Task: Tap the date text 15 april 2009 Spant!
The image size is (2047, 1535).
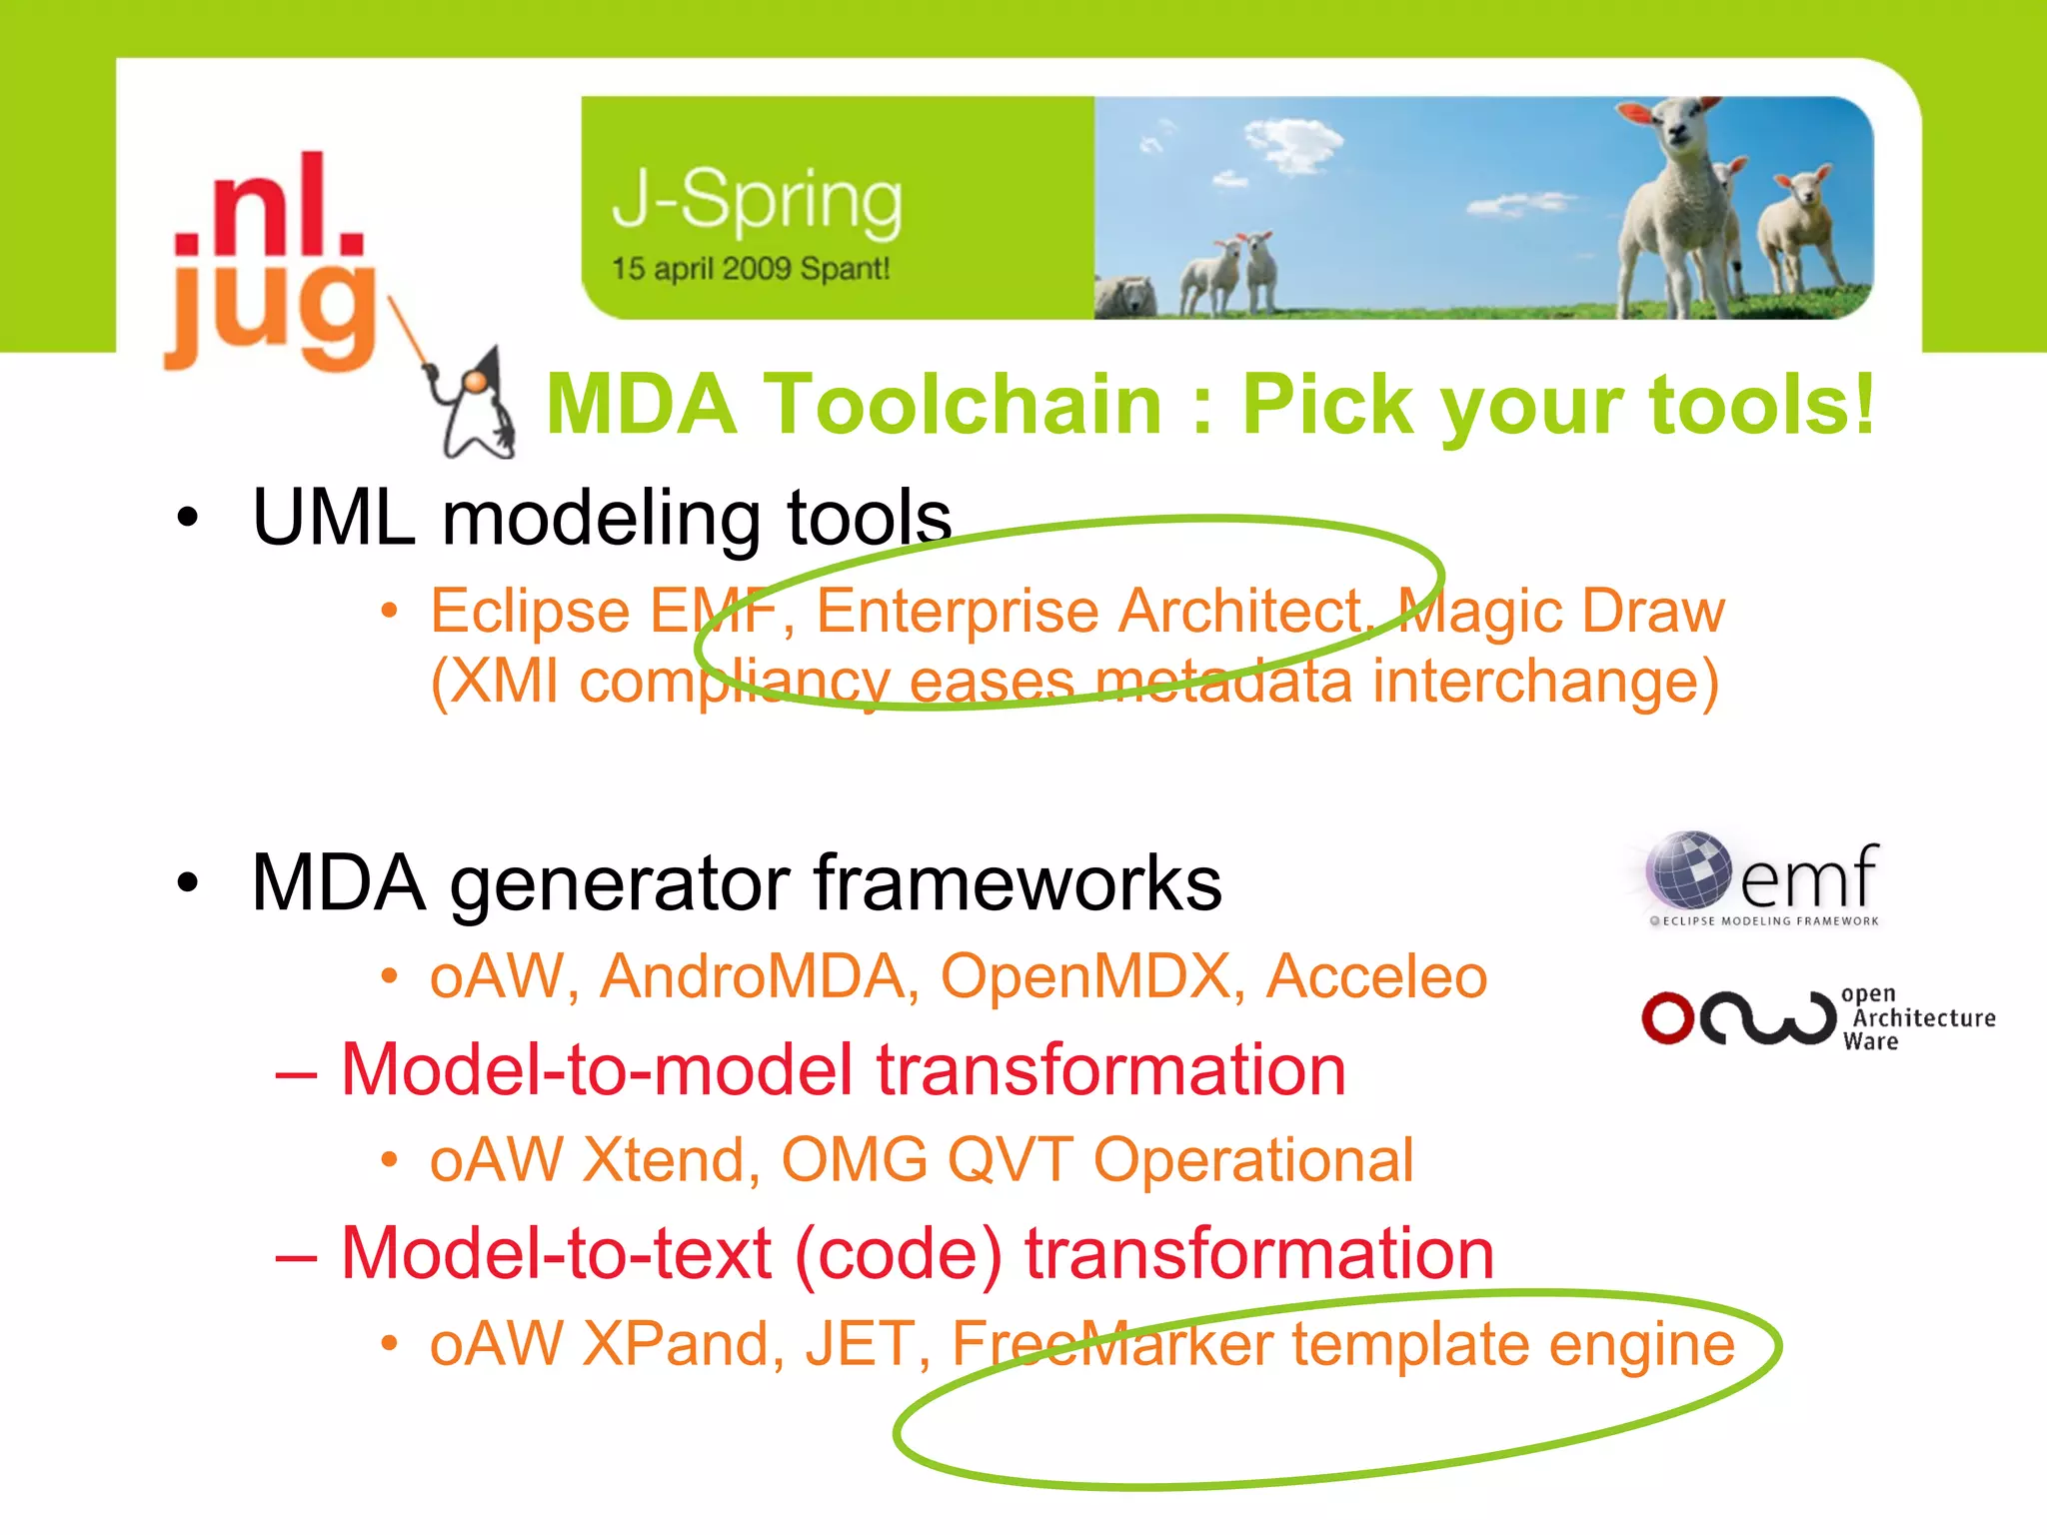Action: pos(750,269)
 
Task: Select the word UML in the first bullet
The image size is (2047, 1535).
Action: pos(333,518)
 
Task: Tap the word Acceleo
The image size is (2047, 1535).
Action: pos(1376,976)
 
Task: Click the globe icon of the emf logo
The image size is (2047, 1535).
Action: pos(1688,868)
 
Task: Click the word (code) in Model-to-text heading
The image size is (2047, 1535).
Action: pos(898,1254)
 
